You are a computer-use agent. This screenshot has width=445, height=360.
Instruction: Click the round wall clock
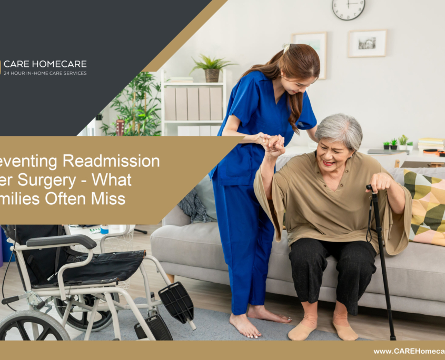click(349, 9)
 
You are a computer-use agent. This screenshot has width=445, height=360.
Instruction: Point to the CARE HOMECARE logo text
click(45, 64)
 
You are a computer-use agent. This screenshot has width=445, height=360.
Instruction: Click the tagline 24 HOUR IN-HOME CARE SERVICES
click(45, 74)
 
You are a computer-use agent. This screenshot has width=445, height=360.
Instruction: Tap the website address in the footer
click(409, 351)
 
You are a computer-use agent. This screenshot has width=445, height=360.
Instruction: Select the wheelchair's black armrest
click(61, 241)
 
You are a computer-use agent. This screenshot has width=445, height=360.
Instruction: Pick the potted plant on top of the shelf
click(212, 68)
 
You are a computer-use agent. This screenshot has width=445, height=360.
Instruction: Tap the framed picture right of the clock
click(367, 43)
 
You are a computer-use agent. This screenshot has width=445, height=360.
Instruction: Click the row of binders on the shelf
click(194, 103)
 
